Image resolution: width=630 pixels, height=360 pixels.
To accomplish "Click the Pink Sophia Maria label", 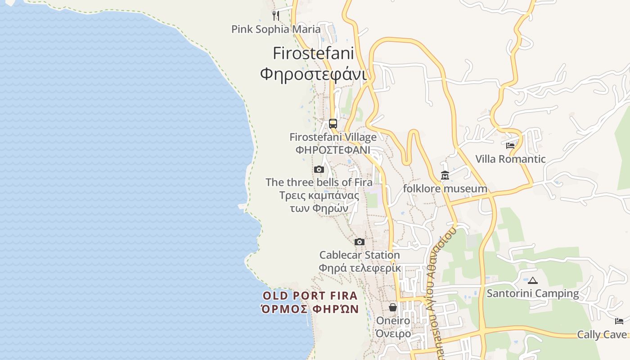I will click(276, 29).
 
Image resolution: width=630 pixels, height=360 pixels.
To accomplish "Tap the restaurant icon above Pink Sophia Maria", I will click(276, 16).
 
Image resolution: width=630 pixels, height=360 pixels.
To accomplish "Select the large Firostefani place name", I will click(313, 53).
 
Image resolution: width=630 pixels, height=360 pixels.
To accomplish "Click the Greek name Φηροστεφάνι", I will click(313, 73).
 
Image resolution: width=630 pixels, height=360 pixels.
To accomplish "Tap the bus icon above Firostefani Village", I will click(333, 123).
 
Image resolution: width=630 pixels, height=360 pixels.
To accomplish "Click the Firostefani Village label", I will click(333, 137).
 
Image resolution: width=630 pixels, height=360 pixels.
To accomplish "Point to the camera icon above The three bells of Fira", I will click(319, 170).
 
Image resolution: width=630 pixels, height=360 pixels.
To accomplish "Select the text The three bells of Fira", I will click(319, 182).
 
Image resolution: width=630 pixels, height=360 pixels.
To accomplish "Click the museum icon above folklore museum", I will click(445, 175).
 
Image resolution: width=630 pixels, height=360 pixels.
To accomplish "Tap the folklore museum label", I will click(445, 189).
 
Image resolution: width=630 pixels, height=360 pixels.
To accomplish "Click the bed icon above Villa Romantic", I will click(510, 146).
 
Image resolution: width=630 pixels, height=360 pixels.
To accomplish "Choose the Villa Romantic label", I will click(510, 159).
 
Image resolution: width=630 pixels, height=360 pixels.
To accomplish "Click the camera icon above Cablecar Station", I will click(359, 242).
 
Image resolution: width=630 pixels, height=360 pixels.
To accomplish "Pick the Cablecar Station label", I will click(360, 255).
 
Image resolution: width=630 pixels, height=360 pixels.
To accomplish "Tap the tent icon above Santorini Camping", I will click(533, 280).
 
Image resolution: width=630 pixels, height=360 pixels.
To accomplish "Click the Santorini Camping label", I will click(533, 293).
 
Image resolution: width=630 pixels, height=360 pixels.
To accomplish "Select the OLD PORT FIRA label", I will click(310, 296).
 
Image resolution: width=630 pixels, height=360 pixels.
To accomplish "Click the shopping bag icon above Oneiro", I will click(393, 307).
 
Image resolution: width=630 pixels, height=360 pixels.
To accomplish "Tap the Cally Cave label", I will click(602, 334).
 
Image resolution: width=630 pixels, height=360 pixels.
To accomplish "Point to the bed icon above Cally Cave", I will click(619, 321).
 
